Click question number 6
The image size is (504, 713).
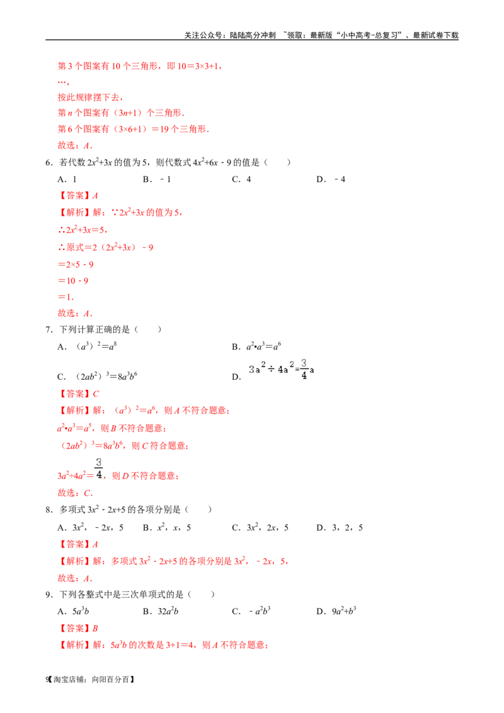click(49, 163)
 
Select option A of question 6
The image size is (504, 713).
click(67, 180)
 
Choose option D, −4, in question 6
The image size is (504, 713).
click(331, 180)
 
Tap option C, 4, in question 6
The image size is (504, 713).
click(241, 180)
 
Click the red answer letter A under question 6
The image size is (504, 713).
click(95, 196)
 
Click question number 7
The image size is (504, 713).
click(49, 329)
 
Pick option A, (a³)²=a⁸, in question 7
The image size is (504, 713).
click(87, 346)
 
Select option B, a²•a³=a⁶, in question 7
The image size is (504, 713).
click(256, 346)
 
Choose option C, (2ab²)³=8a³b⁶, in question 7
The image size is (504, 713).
click(98, 376)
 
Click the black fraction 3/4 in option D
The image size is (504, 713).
click(304, 368)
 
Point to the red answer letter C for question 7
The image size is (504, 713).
click(96, 394)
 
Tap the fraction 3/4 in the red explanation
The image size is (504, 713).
click(99, 469)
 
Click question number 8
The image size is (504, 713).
click(49, 510)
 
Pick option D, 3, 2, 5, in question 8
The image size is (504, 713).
click(340, 527)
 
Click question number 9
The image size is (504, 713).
click(49, 595)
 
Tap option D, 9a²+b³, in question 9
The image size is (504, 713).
click(336, 611)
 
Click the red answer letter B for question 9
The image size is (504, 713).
click(95, 629)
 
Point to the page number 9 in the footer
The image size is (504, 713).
click(47, 680)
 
